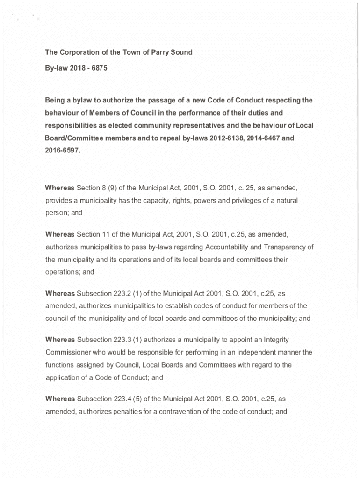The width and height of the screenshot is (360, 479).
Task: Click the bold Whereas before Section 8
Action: tap(60, 188)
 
